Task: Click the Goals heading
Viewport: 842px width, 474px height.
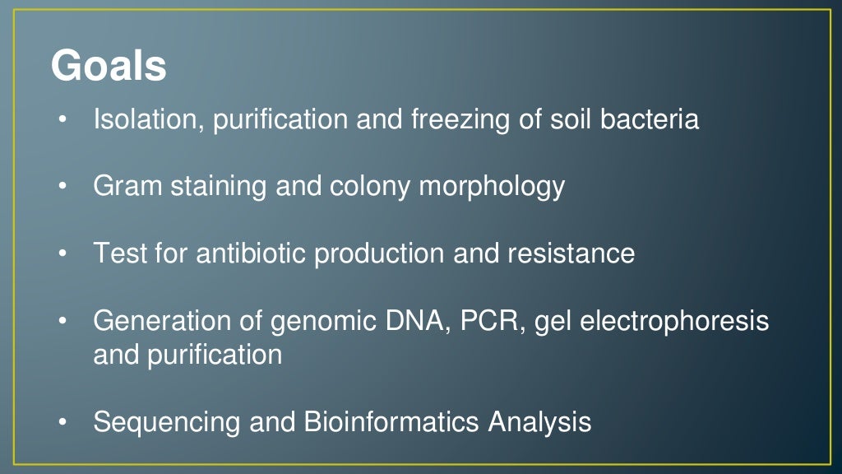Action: tap(109, 67)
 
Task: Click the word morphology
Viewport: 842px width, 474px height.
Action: tap(492, 188)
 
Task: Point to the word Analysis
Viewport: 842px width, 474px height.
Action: tap(539, 423)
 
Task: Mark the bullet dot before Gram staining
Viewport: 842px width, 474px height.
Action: tap(62, 188)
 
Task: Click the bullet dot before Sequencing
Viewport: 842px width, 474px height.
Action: tap(62, 423)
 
